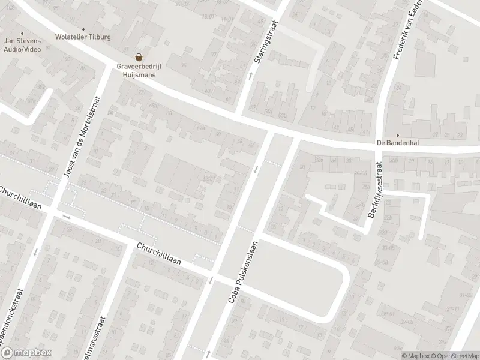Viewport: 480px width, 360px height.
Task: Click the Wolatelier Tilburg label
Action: click(x=83, y=36)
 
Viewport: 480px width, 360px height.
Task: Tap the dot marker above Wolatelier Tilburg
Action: click(x=83, y=29)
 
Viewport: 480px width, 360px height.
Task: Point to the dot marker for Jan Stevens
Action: click(x=22, y=34)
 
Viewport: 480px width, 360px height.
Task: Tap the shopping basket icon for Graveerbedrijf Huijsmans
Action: click(x=139, y=57)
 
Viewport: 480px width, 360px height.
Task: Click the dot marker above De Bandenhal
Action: click(x=397, y=136)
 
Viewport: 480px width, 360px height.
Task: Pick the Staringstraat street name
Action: click(x=260, y=37)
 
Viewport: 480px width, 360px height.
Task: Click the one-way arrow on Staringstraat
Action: click(x=251, y=76)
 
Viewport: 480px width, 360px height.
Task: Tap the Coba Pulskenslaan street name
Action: click(x=242, y=271)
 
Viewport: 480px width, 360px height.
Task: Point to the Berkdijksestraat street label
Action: click(x=375, y=190)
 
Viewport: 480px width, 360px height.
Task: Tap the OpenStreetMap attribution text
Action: click(x=454, y=355)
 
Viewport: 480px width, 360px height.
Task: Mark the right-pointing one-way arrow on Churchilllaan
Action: click(x=66, y=216)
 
